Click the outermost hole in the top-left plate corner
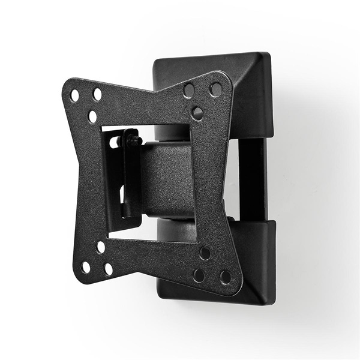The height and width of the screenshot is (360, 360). (x=74, y=95)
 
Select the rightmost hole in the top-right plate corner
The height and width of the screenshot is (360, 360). (x=215, y=89)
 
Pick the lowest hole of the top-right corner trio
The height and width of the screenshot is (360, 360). (x=197, y=113)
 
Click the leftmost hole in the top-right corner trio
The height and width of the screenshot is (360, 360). (x=189, y=91)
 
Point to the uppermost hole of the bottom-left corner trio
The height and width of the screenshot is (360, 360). (x=101, y=247)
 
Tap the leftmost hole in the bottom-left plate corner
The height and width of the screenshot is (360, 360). (x=86, y=267)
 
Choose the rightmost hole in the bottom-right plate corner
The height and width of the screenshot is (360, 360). (x=225, y=277)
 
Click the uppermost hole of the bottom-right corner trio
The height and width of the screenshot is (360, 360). (x=205, y=253)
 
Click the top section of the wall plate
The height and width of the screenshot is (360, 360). (x=240, y=84)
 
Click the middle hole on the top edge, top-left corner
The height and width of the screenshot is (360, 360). (x=97, y=94)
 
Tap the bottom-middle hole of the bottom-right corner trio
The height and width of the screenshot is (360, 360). (x=198, y=275)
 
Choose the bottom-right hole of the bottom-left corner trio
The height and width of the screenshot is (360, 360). (x=108, y=269)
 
